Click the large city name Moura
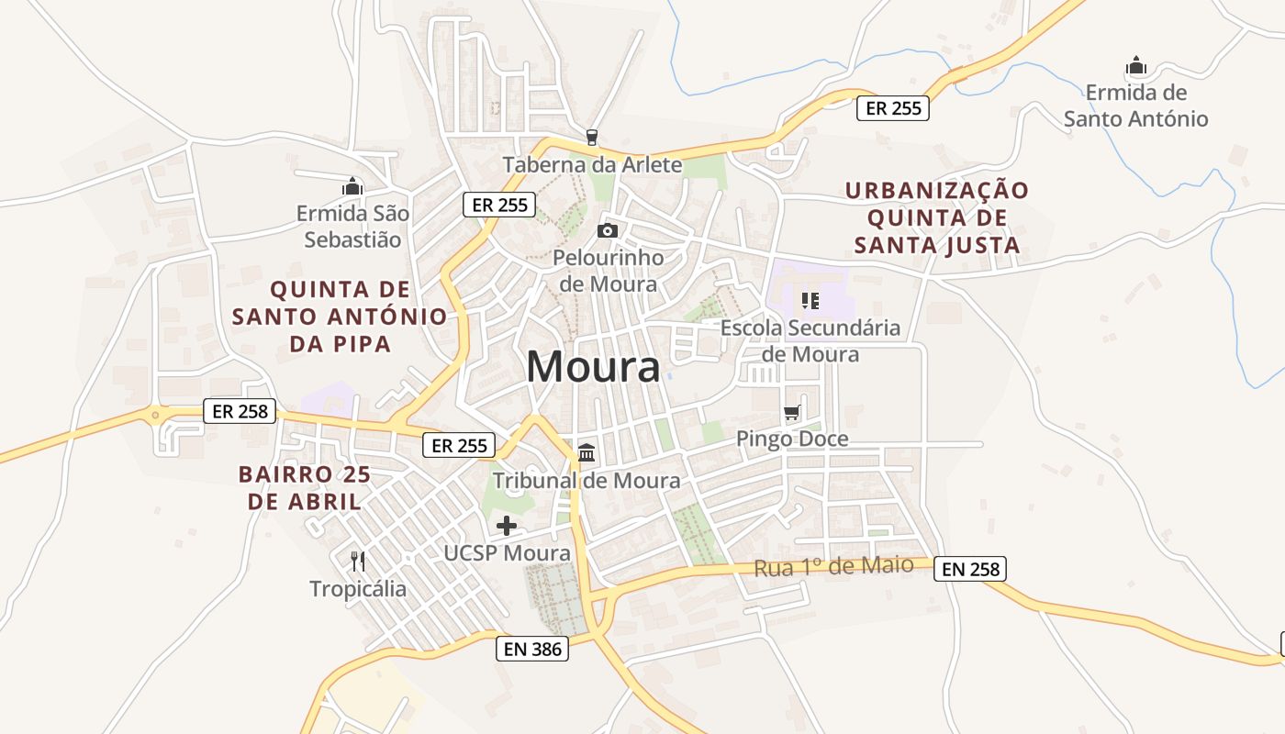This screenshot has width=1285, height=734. [x=593, y=367]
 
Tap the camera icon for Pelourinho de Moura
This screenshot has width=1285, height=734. [x=608, y=230]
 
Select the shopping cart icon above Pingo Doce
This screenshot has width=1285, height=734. [x=792, y=413]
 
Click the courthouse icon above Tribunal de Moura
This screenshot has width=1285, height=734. [x=587, y=452]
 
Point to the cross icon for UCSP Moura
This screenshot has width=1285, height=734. [x=506, y=526]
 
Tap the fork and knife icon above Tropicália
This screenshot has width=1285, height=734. [x=358, y=561]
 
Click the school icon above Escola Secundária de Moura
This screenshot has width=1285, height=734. [x=810, y=300]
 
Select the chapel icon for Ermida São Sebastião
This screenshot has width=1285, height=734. [x=352, y=187]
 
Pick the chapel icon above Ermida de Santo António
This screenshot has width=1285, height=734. [x=1136, y=66]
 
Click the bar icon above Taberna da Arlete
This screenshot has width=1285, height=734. [x=592, y=138]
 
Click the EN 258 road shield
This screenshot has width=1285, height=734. [x=970, y=569]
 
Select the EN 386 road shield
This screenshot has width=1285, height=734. [x=531, y=649]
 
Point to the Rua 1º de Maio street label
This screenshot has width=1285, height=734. [x=833, y=566]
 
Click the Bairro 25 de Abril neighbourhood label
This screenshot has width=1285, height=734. [x=304, y=488]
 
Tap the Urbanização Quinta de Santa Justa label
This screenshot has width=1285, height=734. [x=937, y=217]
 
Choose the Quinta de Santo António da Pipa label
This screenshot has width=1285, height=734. [x=340, y=317]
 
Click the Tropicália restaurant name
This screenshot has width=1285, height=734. [x=358, y=588]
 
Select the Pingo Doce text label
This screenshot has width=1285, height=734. [x=792, y=439]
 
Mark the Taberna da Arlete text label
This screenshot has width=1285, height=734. [x=592, y=165]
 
